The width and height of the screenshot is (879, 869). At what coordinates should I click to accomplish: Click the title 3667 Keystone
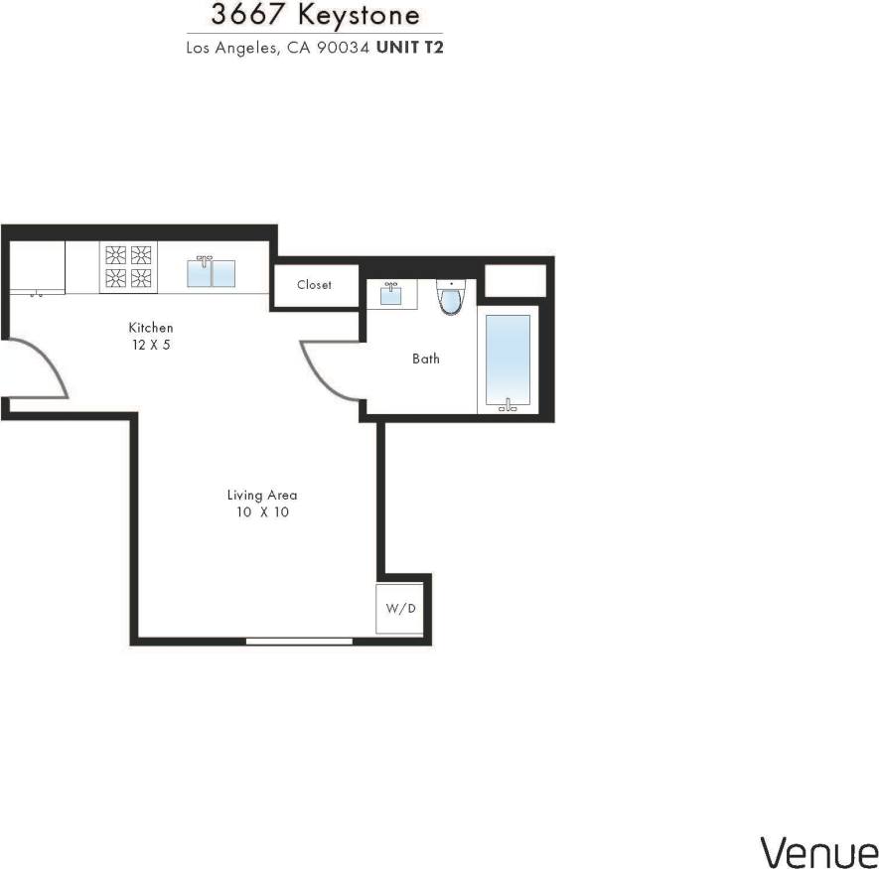[x=315, y=17]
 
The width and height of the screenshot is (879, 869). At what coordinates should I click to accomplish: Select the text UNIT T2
[x=409, y=47]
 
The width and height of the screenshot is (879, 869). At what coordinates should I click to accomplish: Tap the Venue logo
[x=818, y=851]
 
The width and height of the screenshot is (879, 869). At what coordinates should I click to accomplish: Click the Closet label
[x=314, y=285]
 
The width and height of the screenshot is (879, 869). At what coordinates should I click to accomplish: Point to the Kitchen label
[x=151, y=328]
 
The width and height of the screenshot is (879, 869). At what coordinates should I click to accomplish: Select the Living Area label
[x=262, y=495]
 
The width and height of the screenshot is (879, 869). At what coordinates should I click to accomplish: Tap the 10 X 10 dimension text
[x=262, y=512]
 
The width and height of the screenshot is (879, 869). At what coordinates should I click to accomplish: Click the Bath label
[x=426, y=359]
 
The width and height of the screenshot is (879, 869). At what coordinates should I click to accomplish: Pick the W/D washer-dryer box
[x=400, y=608]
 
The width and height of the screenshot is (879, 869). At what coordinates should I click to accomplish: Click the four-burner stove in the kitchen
[x=128, y=267]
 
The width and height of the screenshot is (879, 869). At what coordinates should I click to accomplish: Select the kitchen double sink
[x=212, y=273]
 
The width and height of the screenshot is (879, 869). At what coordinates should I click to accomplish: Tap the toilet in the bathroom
[x=452, y=296]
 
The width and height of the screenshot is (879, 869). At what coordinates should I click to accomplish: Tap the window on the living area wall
[x=299, y=641]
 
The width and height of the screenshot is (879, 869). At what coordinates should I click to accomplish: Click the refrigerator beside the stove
[x=38, y=268]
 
